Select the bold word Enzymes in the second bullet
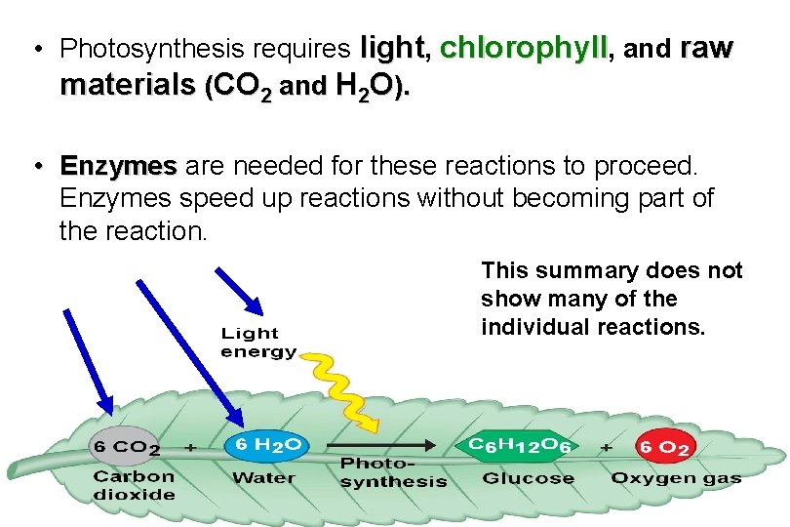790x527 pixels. pos(117,166)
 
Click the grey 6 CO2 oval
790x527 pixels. pos(127,447)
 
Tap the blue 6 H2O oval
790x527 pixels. pos(266,445)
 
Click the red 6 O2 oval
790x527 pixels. pos(664,449)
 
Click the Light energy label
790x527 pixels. pos(258,343)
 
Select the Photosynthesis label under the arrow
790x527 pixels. pos(393,472)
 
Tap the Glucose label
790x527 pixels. pos(528,478)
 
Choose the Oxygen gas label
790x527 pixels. pos(676,478)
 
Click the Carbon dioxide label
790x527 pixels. pos(135,485)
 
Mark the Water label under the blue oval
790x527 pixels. pos(263,478)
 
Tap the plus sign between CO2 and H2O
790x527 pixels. pos(191,446)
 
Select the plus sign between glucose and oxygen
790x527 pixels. pos(607,446)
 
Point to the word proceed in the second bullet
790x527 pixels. pos(645,166)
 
